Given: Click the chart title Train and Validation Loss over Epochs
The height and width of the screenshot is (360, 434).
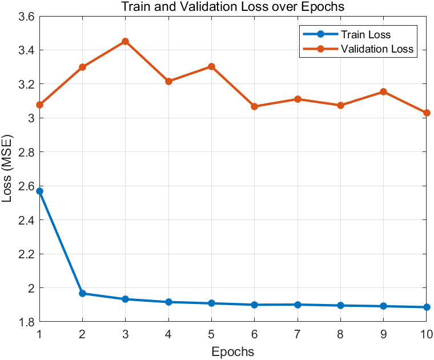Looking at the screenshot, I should (233, 7).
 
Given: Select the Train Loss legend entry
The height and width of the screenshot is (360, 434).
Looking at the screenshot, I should (365, 35).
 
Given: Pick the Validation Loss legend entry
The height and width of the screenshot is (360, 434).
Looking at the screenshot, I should (377, 49).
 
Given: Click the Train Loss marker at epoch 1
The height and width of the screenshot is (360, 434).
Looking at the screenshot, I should (39, 191).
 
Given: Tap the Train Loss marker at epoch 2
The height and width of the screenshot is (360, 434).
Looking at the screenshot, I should (82, 293).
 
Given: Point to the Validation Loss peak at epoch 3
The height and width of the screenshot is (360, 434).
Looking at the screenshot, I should (125, 41).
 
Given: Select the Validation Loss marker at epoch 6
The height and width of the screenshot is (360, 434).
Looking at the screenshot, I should (254, 106).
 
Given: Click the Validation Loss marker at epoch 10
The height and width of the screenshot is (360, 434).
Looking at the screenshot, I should (426, 113).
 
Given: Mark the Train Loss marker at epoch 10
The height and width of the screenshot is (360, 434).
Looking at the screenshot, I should (426, 307).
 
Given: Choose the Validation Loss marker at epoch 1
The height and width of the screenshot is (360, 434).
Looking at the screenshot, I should (39, 105).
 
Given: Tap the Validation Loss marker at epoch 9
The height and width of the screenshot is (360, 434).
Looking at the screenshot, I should (383, 91).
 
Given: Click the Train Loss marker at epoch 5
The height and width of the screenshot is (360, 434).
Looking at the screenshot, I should (211, 303).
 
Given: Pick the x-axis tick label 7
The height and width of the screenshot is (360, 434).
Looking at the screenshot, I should (297, 333).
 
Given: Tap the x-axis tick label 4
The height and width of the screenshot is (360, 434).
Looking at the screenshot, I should (168, 333).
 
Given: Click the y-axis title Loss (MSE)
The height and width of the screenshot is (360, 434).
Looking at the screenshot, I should (8, 170).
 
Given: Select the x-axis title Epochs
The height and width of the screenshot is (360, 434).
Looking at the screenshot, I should (232, 350).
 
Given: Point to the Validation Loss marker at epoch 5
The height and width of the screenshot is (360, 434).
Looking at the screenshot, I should (211, 66).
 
